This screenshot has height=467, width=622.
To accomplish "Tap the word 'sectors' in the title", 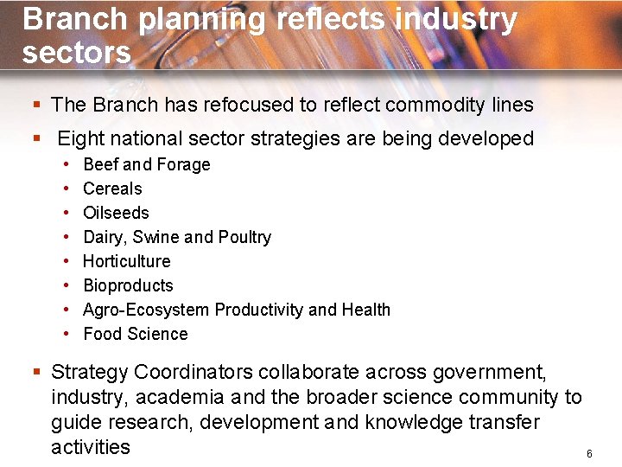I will [77, 53].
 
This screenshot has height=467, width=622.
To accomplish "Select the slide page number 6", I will [589, 454].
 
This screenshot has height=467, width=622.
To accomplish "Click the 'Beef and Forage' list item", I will [146, 164].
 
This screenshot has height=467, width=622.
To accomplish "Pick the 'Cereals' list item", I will [112, 189].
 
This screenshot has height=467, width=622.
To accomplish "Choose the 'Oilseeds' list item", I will [116, 213].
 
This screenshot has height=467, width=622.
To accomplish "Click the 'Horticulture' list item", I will [126, 261].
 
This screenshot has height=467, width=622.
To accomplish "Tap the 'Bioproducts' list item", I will [128, 285].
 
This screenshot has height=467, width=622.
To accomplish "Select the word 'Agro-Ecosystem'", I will [147, 310].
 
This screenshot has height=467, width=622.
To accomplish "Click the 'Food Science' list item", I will [135, 334].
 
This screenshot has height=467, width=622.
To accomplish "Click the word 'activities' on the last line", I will [91, 447].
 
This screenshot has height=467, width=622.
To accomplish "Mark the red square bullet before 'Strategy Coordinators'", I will [37, 373].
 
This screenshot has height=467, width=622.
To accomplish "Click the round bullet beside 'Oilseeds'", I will [67, 213].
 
